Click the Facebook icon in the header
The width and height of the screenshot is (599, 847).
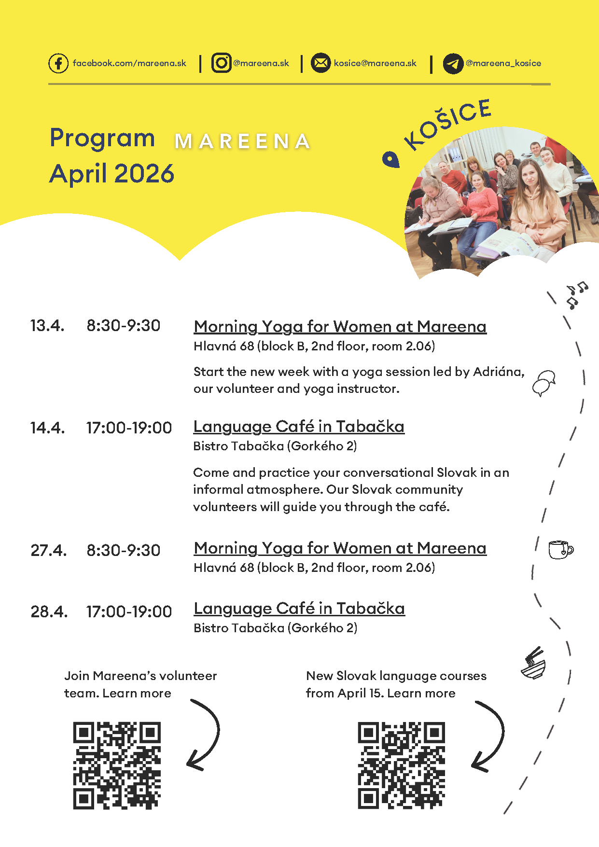pyautogui.click(x=58, y=63)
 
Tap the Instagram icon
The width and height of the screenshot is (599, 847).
pyautogui.click(x=222, y=63)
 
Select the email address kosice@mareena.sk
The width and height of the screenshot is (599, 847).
pyautogui.click(x=375, y=63)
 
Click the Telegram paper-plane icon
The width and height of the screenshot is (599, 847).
pyautogui.click(x=453, y=64)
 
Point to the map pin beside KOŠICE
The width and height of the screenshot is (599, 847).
pyautogui.click(x=391, y=159)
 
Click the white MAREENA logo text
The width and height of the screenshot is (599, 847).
pyautogui.click(x=242, y=141)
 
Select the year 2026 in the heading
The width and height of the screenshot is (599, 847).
pyautogui.click(x=144, y=173)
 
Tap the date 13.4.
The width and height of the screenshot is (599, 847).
pyautogui.click(x=47, y=326)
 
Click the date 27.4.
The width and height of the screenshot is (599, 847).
pyautogui.click(x=48, y=550)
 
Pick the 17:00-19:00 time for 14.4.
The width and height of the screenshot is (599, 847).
pyautogui.click(x=129, y=428)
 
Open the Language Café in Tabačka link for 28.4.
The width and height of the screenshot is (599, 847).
pyautogui.click(x=299, y=609)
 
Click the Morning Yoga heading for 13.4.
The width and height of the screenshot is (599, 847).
pyautogui.click(x=340, y=327)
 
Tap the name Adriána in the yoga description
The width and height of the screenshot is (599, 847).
pyautogui.click(x=497, y=372)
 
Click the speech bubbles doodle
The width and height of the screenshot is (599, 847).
pyautogui.click(x=544, y=383)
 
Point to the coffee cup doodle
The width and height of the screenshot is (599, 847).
pyautogui.click(x=560, y=550)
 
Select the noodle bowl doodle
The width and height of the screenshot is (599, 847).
pyautogui.click(x=533, y=664)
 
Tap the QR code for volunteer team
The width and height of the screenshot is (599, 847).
pyautogui.click(x=117, y=765)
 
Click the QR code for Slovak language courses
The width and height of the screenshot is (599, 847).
pyautogui.click(x=401, y=765)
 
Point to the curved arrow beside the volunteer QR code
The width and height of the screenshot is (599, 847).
pyautogui.click(x=205, y=734)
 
